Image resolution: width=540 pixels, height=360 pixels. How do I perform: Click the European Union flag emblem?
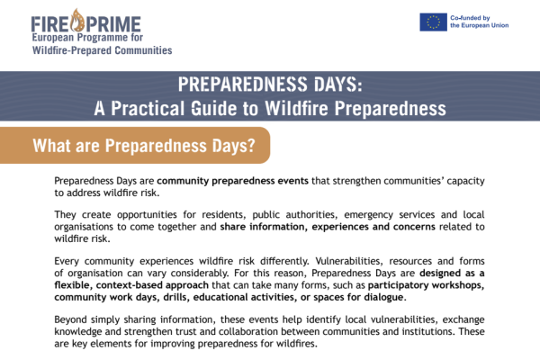[x=433, y=22]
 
